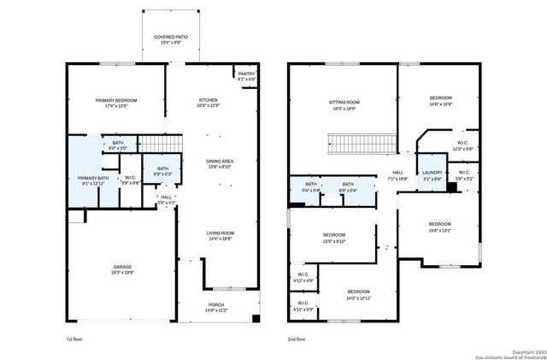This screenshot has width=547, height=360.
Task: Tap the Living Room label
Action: [x=219, y=235]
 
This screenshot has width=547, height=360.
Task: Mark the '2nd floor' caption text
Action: [x=297, y=339]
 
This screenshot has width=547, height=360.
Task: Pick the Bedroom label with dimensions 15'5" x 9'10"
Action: [x=334, y=238]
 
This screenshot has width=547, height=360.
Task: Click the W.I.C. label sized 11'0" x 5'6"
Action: [x=462, y=145]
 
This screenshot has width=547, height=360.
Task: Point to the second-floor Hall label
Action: [x=397, y=175]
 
